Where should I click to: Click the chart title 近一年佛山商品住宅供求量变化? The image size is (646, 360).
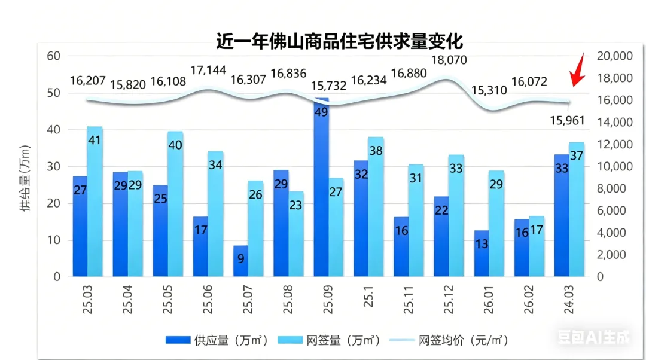[x=340, y=42]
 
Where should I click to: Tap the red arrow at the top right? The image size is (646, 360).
[x=577, y=71]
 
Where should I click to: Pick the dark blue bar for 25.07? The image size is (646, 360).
[x=240, y=261]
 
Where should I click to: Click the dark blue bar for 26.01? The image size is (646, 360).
[x=482, y=254]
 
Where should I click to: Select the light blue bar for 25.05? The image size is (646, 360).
[x=175, y=203]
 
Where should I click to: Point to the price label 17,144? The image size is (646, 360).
[x=208, y=70]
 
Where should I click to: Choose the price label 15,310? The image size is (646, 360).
[x=489, y=91]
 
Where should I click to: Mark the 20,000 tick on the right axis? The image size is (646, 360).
[x=614, y=56]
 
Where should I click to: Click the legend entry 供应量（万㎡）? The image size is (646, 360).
[x=216, y=340]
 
